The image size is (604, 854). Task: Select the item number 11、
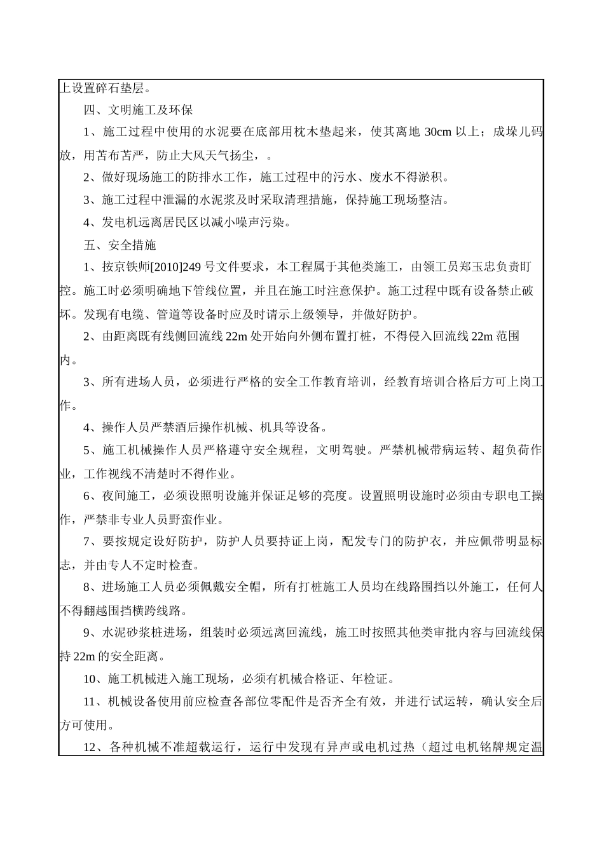pos(94,701)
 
